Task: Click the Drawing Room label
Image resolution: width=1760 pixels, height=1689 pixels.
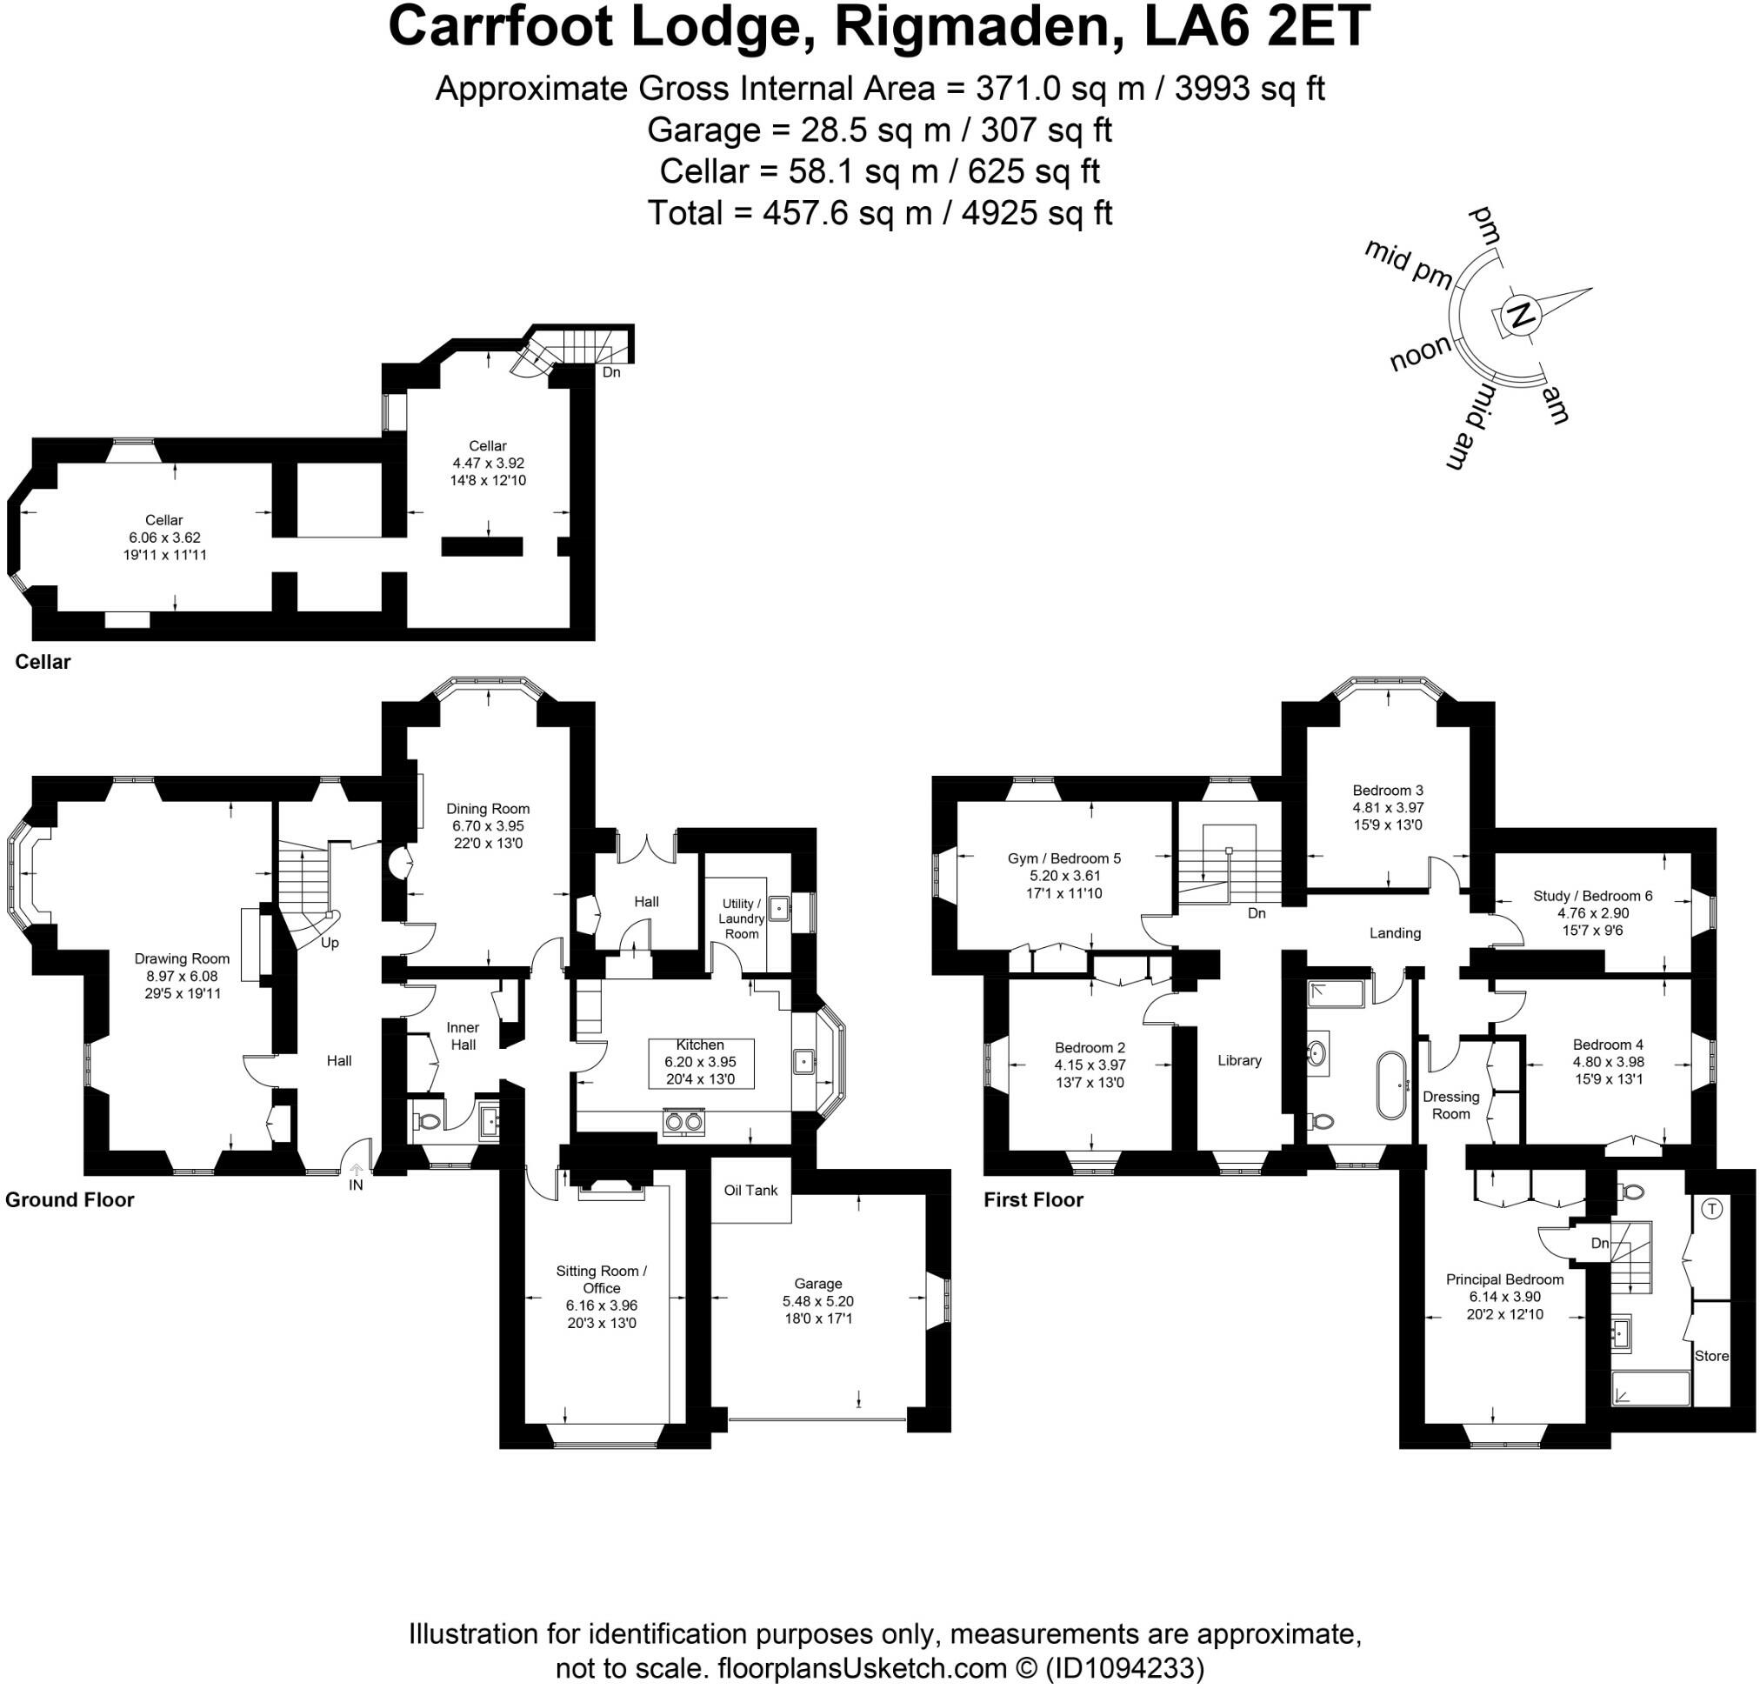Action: pyautogui.click(x=182, y=958)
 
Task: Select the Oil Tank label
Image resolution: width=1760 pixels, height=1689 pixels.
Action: pyautogui.click(x=750, y=1190)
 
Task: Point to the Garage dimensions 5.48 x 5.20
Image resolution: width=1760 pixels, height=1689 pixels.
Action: pyautogui.click(x=817, y=1301)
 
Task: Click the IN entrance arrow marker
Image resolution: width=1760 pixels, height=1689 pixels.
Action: pyautogui.click(x=357, y=1171)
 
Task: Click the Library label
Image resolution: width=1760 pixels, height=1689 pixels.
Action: pyautogui.click(x=1239, y=1060)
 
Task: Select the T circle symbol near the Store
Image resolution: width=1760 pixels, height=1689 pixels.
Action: pyautogui.click(x=1711, y=1209)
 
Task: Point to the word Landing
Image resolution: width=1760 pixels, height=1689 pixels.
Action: pyautogui.click(x=1395, y=933)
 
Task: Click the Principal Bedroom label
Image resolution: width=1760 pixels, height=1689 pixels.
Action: pyautogui.click(x=1504, y=1279)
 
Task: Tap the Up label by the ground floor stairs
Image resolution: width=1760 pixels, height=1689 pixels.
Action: pyautogui.click(x=330, y=943)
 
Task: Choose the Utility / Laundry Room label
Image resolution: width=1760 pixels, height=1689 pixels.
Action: pyautogui.click(x=741, y=918)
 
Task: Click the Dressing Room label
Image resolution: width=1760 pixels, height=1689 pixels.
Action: pyautogui.click(x=1450, y=1105)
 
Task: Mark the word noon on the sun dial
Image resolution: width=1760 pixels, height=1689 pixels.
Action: pyautogui.click(x=1421, y=353)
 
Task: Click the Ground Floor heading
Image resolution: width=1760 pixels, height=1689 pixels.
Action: pyautogui.click(x=70, y=1199)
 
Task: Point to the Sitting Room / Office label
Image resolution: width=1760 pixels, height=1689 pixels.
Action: pyautogui.click(x=601, y=1278)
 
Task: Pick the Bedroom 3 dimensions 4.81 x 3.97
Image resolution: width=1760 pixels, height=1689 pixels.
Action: pyautogui.click(x=1387, y=807)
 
